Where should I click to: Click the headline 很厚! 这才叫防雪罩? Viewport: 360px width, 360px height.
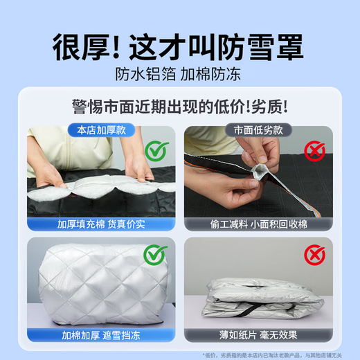(180, 47)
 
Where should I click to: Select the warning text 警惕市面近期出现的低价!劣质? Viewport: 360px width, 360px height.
(180, 107)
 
